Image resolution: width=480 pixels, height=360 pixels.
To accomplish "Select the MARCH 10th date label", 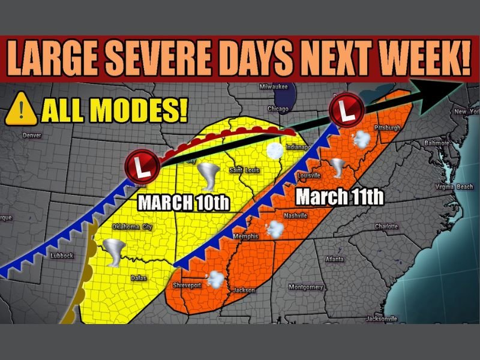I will [x=184, y=202].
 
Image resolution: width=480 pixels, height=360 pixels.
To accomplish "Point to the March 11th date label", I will [x=340, y=196].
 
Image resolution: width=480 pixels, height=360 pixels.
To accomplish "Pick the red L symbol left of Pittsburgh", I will [x=344, y=110].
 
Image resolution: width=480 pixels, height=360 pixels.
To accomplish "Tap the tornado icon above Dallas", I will [x=113, y=252].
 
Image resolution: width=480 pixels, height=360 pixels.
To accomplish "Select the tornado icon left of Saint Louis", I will [x=211, y=176].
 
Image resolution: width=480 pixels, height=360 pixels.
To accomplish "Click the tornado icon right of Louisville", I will [x=338, y=168].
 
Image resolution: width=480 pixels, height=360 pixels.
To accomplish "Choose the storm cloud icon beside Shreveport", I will [x=215, y=278].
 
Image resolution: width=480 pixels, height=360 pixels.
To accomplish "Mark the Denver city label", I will [x=32, y=135].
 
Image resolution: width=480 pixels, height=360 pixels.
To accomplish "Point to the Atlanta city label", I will [x=334, y=259].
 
